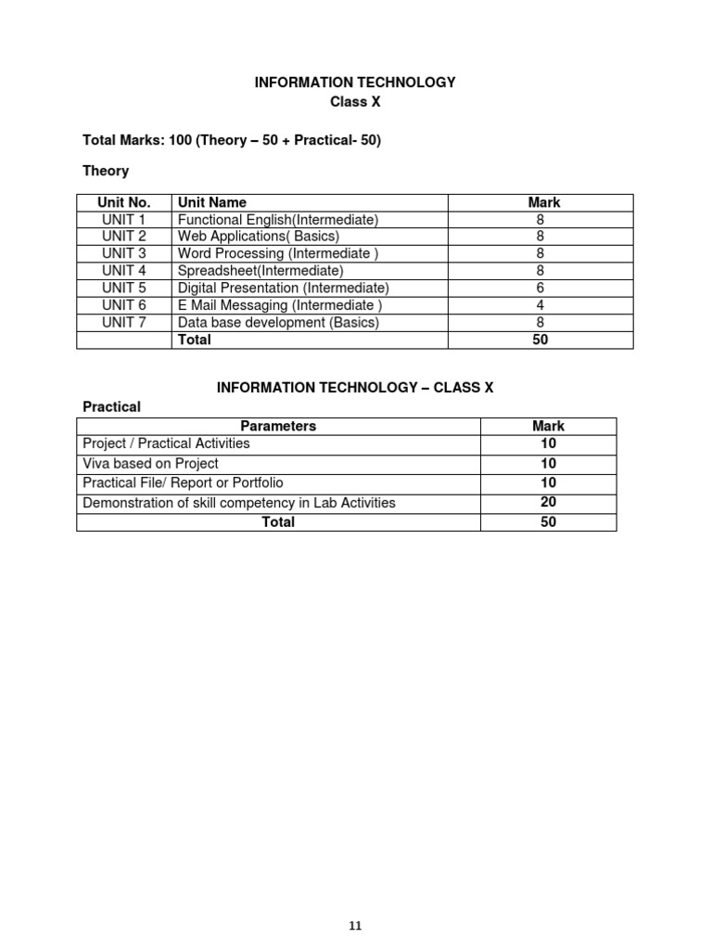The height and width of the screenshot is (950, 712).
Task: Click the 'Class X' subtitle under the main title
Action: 355,102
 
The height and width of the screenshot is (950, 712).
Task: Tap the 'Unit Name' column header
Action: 211,202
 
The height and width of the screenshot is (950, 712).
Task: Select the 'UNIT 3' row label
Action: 124,253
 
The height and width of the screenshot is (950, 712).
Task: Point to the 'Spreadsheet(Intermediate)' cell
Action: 261,271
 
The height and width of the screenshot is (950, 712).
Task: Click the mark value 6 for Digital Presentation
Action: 540,288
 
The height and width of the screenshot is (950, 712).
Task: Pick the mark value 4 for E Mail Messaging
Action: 540,305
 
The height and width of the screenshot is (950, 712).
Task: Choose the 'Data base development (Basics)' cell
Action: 278,323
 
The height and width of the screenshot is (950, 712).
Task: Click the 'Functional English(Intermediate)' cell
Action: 278,220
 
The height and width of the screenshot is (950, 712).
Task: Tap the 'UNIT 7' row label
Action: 124,323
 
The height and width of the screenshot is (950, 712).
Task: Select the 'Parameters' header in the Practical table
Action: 278,426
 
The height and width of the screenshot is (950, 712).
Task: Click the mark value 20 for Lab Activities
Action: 548,502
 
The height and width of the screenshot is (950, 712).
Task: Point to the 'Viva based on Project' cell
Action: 150,464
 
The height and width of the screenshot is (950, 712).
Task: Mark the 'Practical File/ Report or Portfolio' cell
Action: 183,482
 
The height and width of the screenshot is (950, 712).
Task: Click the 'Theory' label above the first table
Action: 106,171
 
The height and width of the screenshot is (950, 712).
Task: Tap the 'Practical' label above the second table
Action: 111,406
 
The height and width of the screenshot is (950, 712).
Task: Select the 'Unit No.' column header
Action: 124,202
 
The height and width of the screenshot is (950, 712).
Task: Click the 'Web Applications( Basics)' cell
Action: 259,237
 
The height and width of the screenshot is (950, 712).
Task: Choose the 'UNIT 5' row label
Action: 124,288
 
